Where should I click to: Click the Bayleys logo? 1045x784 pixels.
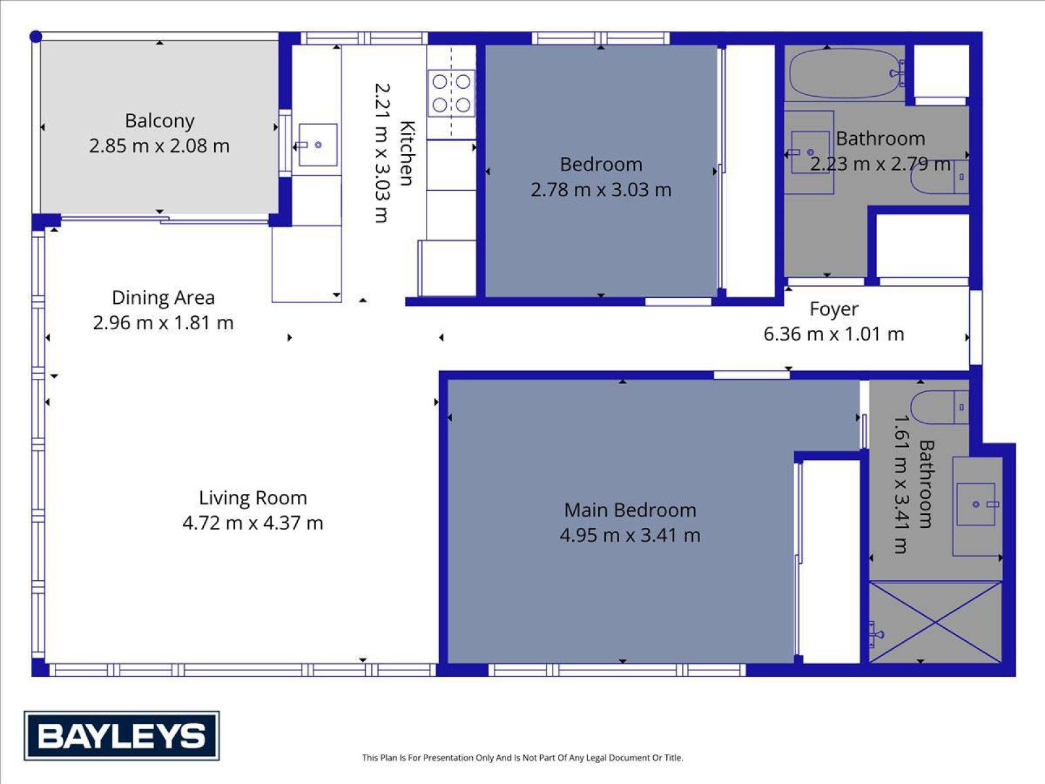click(x=121, y=736)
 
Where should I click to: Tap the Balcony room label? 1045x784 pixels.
click(x=159, y=122)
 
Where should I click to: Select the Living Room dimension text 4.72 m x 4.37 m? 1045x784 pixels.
click(x=253, y=523)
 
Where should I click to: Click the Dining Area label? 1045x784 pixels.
click(x=163, y=298)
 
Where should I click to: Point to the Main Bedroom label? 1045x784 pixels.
click(x=630, y=510)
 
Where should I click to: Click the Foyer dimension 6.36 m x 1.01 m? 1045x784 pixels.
click(x=833, y=334)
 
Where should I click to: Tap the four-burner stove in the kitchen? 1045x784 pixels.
click(x=451, y=93)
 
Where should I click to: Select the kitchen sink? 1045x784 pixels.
click(x=317, y=144)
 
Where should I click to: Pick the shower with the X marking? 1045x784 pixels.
click(x=935, y=622)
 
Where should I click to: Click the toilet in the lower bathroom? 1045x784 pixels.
click(x=939, y=407)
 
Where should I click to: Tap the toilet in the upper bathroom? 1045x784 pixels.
click(x=939, y=176)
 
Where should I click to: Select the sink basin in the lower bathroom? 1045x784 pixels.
click(x=976, y=504)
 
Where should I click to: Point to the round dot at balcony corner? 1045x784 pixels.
click(x=36, y=36)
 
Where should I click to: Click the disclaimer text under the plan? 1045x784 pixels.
click(x=522, y=757)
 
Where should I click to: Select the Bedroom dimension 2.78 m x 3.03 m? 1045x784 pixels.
click(x=601, y=190)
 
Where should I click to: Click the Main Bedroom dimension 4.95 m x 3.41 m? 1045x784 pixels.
click(x=630, y=536)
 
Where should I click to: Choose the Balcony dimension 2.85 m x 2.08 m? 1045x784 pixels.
click(x=159, y=146)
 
